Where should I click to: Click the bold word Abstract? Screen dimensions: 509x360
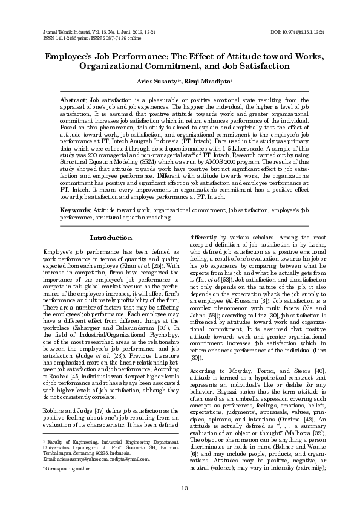coord(73,99)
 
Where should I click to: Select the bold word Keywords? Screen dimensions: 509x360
coord(75,209)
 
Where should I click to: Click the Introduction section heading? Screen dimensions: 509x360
coord(111,238)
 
